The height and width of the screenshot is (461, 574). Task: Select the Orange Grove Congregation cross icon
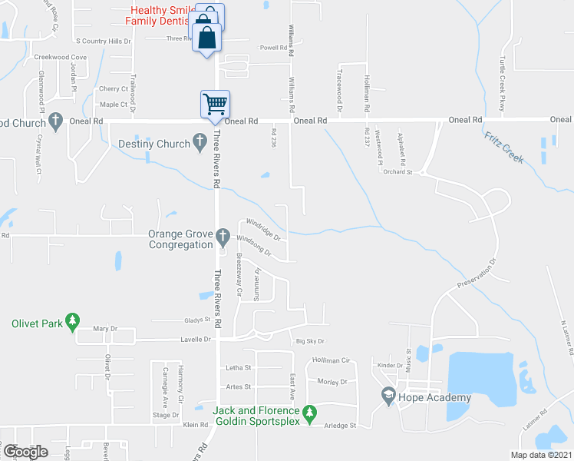[x=223, y=235]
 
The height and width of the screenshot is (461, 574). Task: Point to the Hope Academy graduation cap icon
[x=388, y=396]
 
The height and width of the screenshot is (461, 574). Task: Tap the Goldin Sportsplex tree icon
[x=310, y=413]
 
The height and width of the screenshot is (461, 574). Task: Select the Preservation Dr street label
[x=477, y=273]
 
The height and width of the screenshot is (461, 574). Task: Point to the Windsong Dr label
[x=255, y=244]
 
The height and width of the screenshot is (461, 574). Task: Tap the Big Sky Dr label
[x=310, y=341]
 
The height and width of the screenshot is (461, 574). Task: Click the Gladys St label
[x=197, y=320]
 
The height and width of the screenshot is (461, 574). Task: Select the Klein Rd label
[x=195, y=425]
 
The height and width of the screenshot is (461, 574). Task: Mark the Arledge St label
[x=341, y=425]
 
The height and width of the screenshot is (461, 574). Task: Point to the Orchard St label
[x=399, y=173]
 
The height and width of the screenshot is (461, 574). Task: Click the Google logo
[x=26, y=452]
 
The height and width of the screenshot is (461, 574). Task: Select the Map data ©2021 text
[x=540, y=455]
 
